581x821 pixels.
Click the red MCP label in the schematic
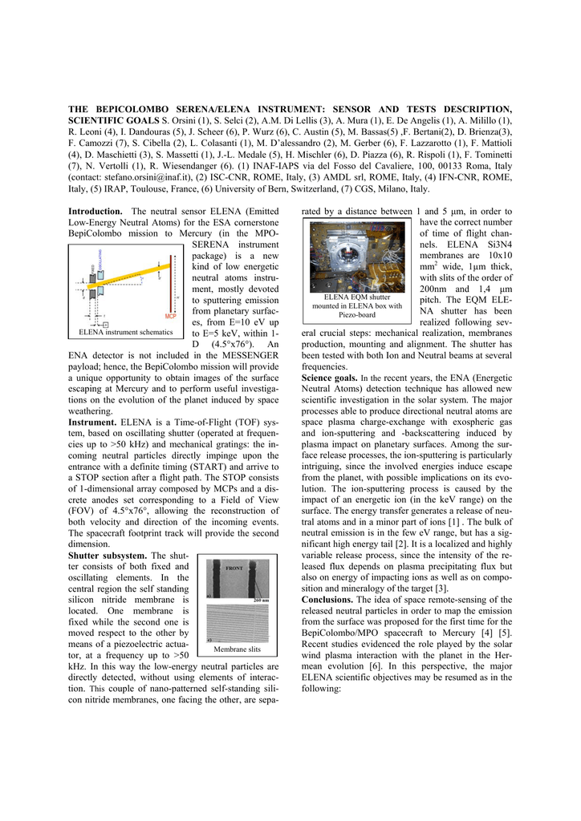(x=170, y=316)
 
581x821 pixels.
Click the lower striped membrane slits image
(x=237, y=623)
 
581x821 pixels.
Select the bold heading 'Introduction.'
(x=95, y=211)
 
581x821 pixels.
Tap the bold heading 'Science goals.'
(x=330, y=376)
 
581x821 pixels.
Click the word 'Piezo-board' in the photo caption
(x=357, y=314)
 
